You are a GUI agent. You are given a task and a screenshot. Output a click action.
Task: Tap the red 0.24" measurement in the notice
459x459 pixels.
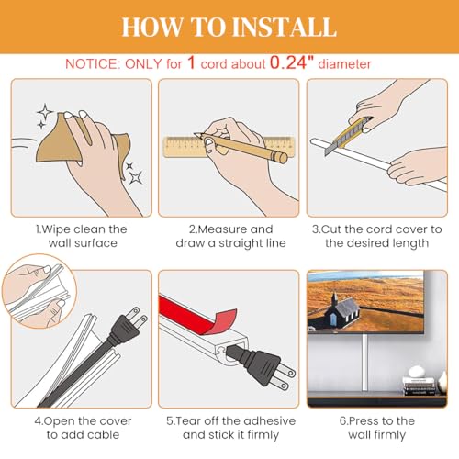tap(292, 62)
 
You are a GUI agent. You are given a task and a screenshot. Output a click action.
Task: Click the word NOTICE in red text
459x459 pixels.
tap(92, 64)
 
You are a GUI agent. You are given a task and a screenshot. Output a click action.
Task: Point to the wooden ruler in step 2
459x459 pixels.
tap(184, 147)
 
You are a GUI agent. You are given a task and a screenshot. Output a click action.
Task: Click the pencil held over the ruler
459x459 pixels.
tap(241, 147)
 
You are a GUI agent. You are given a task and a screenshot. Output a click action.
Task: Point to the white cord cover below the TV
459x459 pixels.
tap(364, 363)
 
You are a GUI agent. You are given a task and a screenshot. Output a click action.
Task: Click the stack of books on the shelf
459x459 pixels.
tap(420, 386)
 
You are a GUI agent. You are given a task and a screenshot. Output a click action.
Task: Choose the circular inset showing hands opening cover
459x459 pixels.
tap(39, 291)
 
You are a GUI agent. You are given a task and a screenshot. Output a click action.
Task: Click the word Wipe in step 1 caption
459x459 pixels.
tap(56, 229)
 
